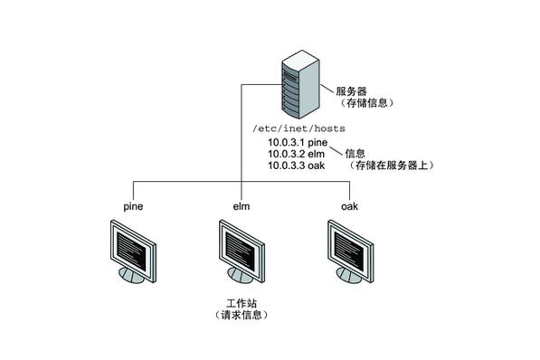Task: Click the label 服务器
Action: pos(351,90)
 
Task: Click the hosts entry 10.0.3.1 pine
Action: pos(296,143)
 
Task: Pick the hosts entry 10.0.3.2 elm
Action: pos(295,154)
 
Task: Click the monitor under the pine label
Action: pos(134,253)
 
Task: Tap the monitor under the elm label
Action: pos(242,253)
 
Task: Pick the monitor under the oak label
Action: pos(349,253)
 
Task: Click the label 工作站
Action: pos(242,301)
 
